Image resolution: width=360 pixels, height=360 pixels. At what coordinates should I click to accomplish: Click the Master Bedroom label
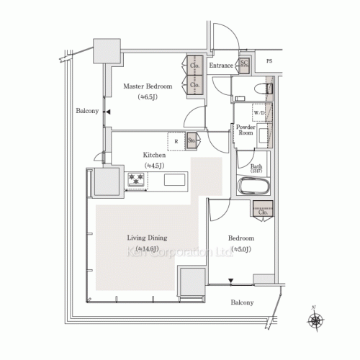tap(147, 86)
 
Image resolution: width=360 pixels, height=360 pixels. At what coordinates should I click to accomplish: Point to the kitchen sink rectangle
tap(176, 179)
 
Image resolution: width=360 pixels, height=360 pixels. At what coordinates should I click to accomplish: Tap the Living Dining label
tap(147, 238)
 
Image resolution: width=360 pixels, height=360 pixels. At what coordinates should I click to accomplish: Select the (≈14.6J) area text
tap(147, 249)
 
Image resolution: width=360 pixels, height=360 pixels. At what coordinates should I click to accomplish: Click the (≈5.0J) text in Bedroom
tap(241, 249)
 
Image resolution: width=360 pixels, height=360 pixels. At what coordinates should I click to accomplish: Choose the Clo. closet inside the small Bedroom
tap(261, 212)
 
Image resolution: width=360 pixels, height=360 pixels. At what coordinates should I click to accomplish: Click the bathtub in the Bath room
tap(253, 189)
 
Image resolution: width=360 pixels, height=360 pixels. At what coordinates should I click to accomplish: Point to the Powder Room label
tap(246, 130)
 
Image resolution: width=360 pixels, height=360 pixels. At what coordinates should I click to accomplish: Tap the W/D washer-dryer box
tap(258, 114)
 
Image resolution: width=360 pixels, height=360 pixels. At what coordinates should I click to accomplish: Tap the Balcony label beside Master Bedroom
tap(88, 112)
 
